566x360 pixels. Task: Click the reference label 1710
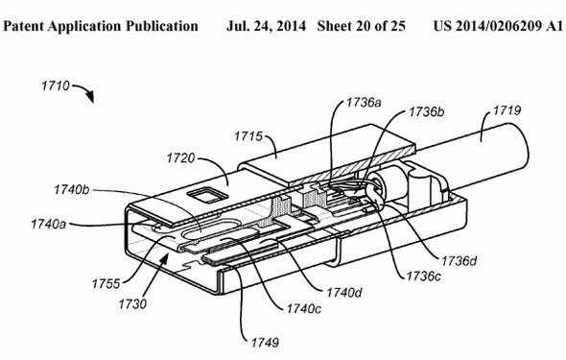pos(56,86)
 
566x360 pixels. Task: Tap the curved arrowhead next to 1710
pos(90,97)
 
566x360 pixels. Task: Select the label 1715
pos(248,136)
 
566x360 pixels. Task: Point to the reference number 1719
pos(507,110)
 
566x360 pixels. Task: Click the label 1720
pos(181,158)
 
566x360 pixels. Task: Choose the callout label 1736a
pos(364,103)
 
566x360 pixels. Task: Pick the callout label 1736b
pos(426,112)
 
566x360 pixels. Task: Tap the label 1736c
pos(423,276)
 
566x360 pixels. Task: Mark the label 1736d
pos(459,261)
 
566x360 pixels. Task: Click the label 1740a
pos(48,225)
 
